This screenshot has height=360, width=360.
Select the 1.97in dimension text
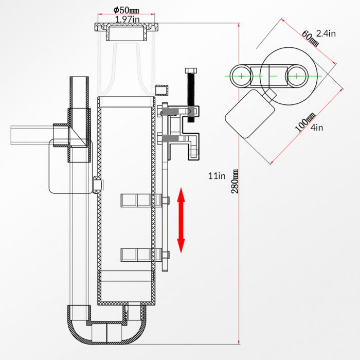[127, 20]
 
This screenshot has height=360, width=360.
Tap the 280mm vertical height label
[236, 181]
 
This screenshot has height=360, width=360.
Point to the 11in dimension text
[217, 176]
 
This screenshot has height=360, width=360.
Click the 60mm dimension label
[310, 38]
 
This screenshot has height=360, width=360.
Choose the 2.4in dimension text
[326, 33]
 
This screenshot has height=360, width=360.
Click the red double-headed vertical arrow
[181, 220]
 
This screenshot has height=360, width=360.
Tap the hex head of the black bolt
[190, 71]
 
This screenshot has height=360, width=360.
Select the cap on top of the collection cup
[126, 32]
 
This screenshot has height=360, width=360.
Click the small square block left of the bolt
[163, 89]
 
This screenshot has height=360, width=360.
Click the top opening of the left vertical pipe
[80, 79]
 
